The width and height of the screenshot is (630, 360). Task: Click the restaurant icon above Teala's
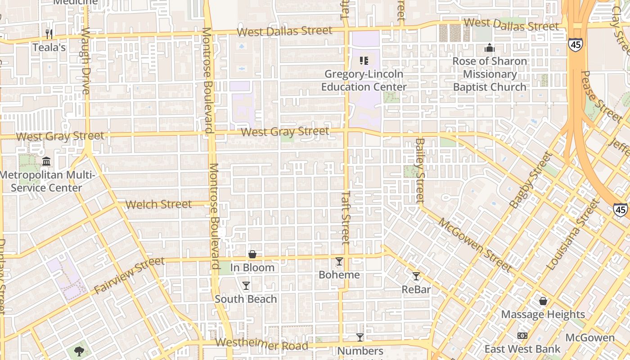coord(49,34)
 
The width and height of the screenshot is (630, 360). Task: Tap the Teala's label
coord(49,47)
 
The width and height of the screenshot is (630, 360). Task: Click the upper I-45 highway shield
coord(575,44)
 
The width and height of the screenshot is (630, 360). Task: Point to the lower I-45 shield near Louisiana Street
coord(621,209)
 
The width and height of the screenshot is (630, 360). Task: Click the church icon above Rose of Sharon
coord(490,48)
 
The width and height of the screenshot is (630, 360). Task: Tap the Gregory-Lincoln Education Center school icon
coord(364,61)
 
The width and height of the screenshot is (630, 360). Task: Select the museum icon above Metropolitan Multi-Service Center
coord(46,161)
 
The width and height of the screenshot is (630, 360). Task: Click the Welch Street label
coord(158,204)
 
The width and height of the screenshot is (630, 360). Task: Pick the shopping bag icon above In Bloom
coord(252,255)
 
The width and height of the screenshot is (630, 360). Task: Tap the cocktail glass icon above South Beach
coord(246,286)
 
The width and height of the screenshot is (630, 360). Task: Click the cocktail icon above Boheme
coord(339,261)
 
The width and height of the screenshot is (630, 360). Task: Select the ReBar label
coord(416,289)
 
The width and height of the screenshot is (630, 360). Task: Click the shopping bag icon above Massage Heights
coord(543,301)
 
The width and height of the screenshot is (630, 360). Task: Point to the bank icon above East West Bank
coord(522,336)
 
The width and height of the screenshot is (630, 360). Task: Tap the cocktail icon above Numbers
coord(360,337)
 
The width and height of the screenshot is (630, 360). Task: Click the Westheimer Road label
coord(261,345)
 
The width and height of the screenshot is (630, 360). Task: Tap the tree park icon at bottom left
coord(79,351)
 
